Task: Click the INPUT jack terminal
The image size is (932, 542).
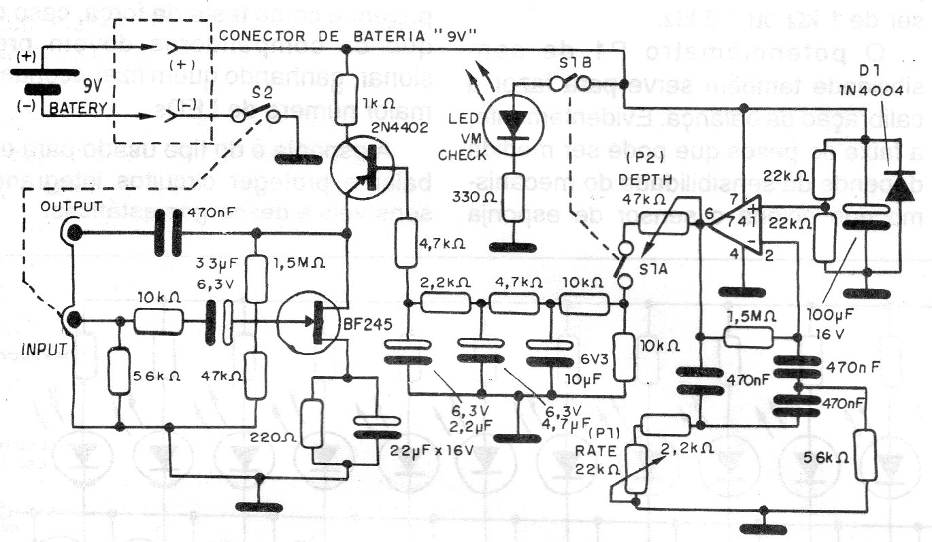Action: pos(72,320)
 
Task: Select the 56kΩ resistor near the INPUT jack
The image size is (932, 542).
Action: pos(119,370)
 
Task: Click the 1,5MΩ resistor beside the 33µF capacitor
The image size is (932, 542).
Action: pos(256,278)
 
